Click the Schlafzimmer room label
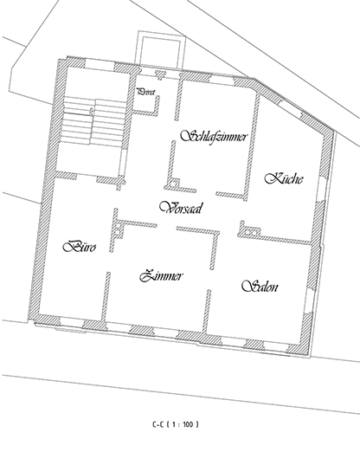(x=215, y=137)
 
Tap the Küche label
(x=283, y=179)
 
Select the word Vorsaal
(x=181, y=208)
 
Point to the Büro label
(x=80, y=247)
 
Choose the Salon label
(x=260, y=287)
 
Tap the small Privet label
(x=145, y=90)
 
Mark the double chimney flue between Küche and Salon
(x=250, y=230)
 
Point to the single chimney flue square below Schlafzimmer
(x=175, y=183)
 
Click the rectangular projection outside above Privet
(x=157, y=48)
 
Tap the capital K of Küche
(x=271, y=179)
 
